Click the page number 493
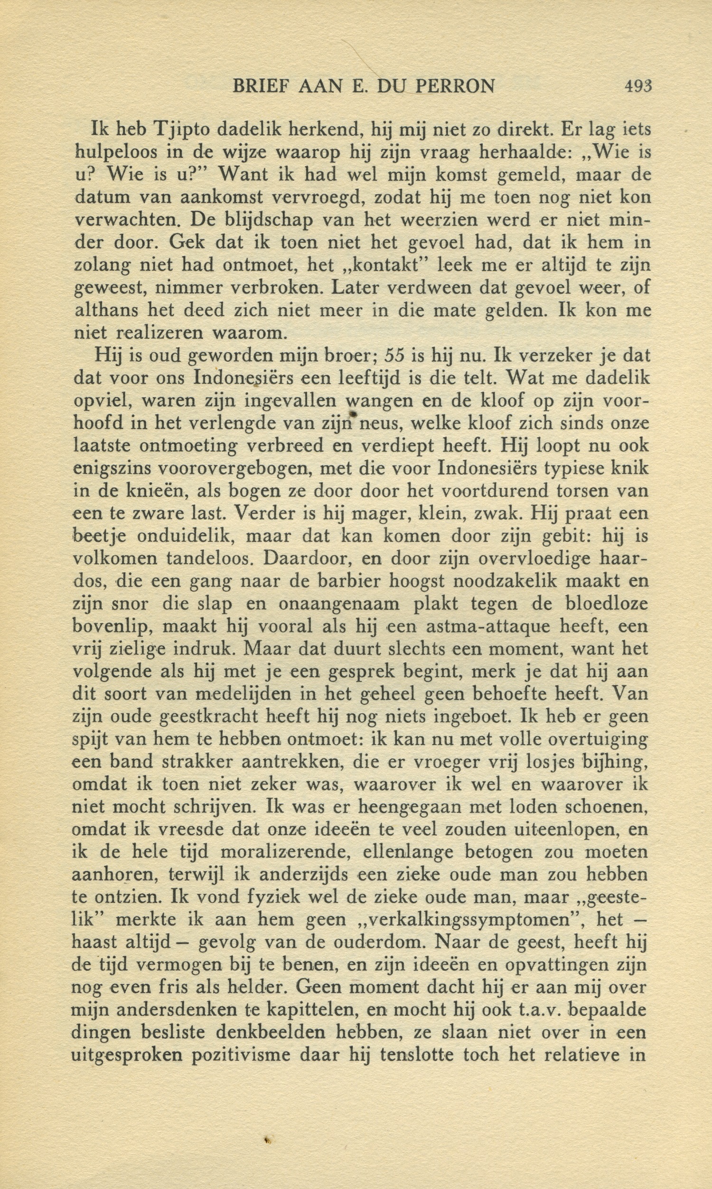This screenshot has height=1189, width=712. click(x=638, y=86)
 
